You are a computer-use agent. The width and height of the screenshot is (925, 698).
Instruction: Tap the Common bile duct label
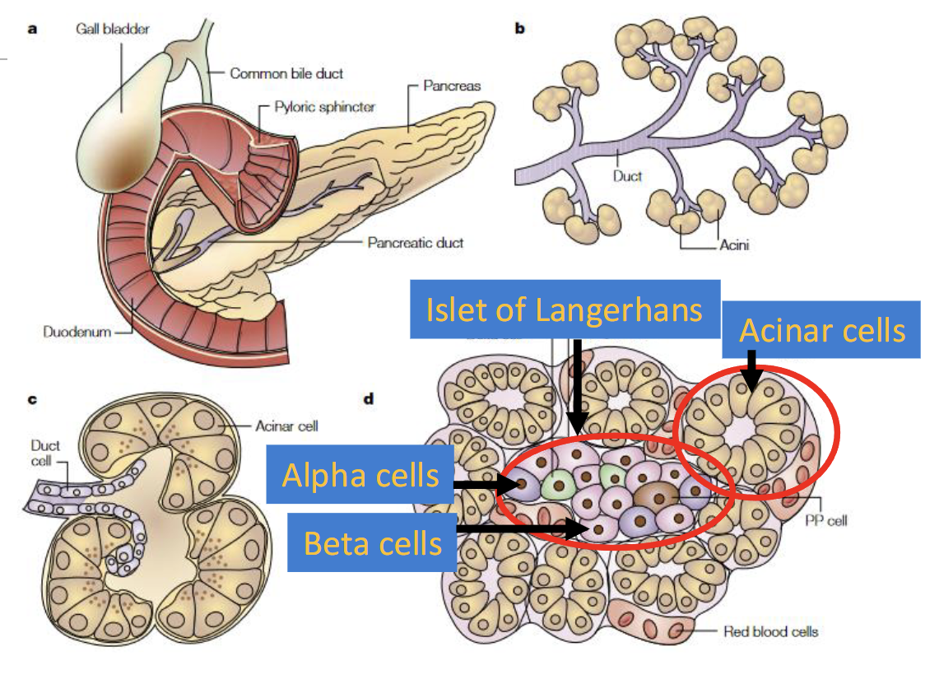[x=286, y=73]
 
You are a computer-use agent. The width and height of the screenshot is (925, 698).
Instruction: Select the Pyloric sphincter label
[x=324, y=108]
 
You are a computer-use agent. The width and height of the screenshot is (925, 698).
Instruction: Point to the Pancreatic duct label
[x=416, y=243]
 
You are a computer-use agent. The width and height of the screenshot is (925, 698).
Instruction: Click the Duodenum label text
[x=77, y=332]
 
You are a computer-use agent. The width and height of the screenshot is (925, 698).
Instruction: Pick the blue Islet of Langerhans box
[x=565, y=309]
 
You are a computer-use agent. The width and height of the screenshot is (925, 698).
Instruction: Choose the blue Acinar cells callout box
[x=821, y=331]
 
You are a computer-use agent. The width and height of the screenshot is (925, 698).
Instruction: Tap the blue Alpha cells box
[x=360, y=475]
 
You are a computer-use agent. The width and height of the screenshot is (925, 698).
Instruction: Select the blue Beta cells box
[x=372, y=542]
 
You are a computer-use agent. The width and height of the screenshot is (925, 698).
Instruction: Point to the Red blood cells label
[x=770, y=631]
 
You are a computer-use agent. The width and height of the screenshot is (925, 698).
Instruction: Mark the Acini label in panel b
[x=733, y=244]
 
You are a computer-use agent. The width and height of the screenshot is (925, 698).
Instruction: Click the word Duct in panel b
[x=627, y=175]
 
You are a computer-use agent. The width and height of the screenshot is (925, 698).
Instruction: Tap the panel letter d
[x=369, y=399]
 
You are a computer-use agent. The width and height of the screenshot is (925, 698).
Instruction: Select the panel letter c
[x=32, y=399]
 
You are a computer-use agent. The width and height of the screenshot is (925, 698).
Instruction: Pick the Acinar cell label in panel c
[x=286, y=426]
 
